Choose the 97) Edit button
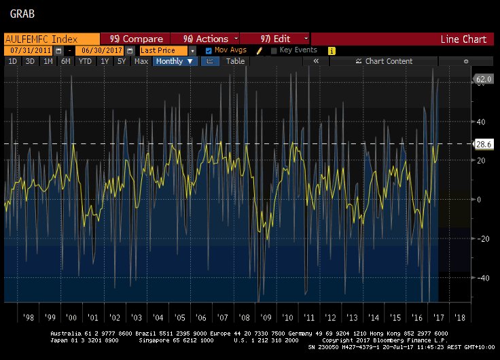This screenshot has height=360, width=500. pos(274,39)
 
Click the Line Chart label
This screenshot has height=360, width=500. pos(463,39)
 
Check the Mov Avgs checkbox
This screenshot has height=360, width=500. pos(209,50)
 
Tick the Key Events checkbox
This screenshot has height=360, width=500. pos(274,50)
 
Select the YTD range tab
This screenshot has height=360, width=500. pos(85,61)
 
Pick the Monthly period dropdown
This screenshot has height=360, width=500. pos(175,61)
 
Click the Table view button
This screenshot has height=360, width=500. pos(235,61)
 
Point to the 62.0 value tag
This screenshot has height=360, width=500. pos(483,79)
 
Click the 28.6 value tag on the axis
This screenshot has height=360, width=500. pos(483,144)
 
